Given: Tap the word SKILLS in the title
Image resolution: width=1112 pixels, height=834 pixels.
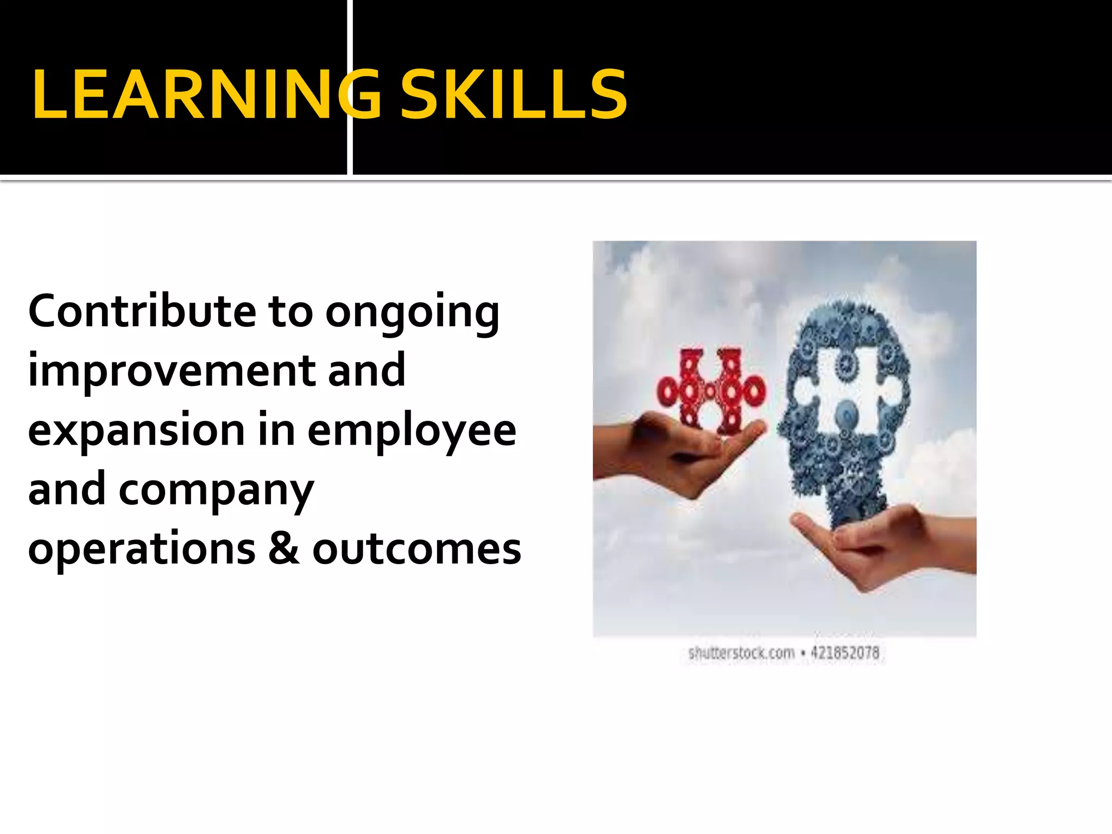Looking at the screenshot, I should click(513, 94).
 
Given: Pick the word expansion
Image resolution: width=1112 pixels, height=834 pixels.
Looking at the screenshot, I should click(136, 432).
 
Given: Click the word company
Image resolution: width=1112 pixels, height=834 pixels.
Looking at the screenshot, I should click(216, 492).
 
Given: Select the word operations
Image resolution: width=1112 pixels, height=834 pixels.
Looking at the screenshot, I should click(142, 549).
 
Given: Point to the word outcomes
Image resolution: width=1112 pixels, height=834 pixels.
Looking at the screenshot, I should click(416, 549).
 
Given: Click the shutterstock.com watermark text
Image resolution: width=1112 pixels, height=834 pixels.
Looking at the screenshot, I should click(741, 653).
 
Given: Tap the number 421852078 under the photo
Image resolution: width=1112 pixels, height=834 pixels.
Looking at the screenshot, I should click(845, 653).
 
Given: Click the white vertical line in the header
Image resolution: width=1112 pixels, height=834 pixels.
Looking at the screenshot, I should click(350, 87).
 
